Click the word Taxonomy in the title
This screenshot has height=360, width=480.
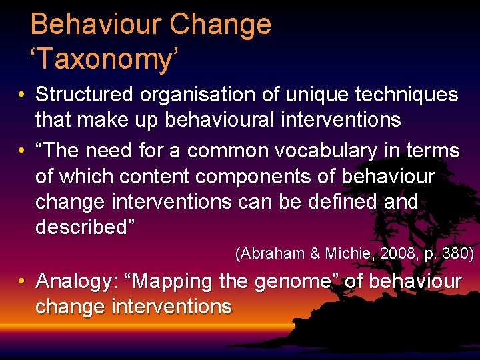[x=105, y=60]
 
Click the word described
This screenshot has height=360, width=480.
[x=84, y=227]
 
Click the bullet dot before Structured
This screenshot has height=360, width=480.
[x=23, y=95]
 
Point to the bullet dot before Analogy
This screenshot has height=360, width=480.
[x=23, y=282]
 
